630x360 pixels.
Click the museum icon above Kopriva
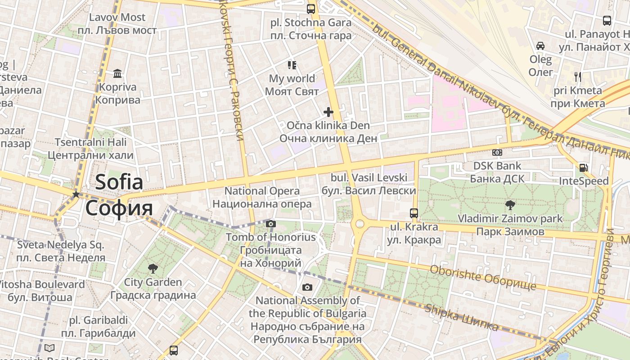[x=117, y=73]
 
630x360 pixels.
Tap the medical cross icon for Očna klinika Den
[x=328, y=112]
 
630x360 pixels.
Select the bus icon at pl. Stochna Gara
[x=311, y=9]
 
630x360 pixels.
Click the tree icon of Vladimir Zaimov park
[x=510, y=205]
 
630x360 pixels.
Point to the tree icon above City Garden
[x=153, y=269]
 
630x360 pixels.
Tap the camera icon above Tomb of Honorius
[x=270, y=224]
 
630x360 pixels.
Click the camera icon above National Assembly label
[x=307, y=287]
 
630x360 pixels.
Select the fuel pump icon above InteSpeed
[x=583, y=168]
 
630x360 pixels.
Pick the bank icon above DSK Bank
[x=497, y=153]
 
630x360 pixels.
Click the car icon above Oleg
[x=540, y=45]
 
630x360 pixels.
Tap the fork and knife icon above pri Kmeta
[x=578, y=76]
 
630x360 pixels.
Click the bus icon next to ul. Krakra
[x=414, y=213]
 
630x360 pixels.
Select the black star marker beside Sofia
[x=76, y=194]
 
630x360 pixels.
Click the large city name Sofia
[x=119, y=182]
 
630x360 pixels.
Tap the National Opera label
[x=262, y=191]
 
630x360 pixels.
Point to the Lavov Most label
[x=117, y=18]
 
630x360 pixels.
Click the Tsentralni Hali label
[x=90, y=142]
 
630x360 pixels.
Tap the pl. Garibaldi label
[x=98, y=320]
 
